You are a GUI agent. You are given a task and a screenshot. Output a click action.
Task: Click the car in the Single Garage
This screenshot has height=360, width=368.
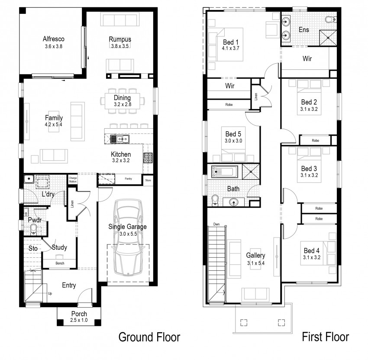pos(128,237)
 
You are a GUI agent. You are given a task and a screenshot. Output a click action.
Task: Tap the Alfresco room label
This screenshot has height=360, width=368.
pos(54,39)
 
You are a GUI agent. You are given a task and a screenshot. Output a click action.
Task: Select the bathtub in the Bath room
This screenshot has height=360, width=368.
pos(225,172)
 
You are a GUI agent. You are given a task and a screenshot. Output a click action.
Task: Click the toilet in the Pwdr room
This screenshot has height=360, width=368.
pos(34,230)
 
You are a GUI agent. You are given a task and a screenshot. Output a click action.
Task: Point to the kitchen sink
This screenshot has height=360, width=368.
pos(119,139)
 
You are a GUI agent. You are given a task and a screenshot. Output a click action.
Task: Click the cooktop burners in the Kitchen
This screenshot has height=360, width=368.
pos(148,158)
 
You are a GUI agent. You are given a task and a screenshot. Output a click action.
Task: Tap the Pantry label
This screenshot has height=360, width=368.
pos(129,179)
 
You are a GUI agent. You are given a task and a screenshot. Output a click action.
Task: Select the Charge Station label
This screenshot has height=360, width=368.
pos(73,180)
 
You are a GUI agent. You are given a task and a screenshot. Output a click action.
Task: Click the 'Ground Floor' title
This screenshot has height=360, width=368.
pos(149,337)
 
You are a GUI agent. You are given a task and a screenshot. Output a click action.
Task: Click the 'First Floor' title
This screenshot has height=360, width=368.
pos(326,337)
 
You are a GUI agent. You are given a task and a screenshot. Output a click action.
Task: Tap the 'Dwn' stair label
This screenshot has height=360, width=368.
pos(216,224)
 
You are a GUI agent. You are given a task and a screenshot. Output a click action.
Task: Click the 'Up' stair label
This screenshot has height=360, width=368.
pos(50,294)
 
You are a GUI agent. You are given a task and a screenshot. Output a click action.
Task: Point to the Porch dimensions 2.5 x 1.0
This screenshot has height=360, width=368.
pos(79,320)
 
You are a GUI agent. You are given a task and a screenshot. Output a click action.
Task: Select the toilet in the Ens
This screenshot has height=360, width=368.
pos(331,19)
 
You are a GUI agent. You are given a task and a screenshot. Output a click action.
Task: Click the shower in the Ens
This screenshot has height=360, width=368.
pos(328,38)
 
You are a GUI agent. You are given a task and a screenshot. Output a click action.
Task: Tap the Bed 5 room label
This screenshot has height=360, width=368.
pos(233,134)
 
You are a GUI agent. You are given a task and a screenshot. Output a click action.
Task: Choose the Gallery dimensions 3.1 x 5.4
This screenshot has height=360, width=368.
pos(255,263)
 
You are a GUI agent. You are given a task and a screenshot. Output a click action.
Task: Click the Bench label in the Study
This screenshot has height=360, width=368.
pos(60,263)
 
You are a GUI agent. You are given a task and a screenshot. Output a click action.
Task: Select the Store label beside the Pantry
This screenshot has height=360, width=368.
pos(148,180)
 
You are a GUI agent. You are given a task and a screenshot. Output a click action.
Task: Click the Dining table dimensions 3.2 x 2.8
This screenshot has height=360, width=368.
pos(123,104)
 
